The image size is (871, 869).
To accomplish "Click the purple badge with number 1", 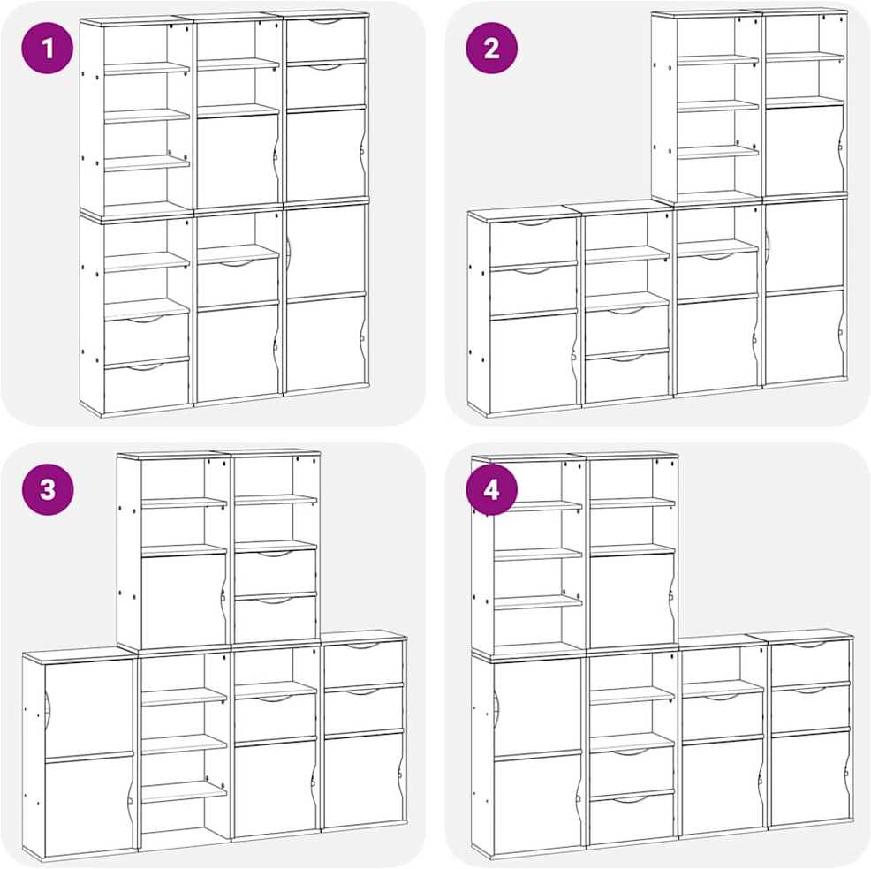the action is click(x=47, y=49).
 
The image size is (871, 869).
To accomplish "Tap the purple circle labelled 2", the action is click(x=492, y=49).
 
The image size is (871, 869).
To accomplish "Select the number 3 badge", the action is click(x=47, y=490).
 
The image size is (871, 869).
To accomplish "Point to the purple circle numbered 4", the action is click(x=492, y=490).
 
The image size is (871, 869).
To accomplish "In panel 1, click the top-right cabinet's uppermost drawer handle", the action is click(x=326, y=22).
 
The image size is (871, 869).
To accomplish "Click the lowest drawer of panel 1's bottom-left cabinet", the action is click(x=147, y=386).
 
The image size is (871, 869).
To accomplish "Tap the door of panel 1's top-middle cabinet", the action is click(x=238, y=161).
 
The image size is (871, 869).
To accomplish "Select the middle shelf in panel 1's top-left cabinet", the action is click(x=147, y=116).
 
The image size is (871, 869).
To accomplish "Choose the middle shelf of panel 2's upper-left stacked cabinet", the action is click(x=717, y=106).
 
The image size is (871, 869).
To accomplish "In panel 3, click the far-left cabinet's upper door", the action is click(x=89, y=708).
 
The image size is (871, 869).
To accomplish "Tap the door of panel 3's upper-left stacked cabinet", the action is click(x=184, y=601).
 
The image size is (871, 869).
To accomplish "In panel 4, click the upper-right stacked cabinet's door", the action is click(x=632, y=601).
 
